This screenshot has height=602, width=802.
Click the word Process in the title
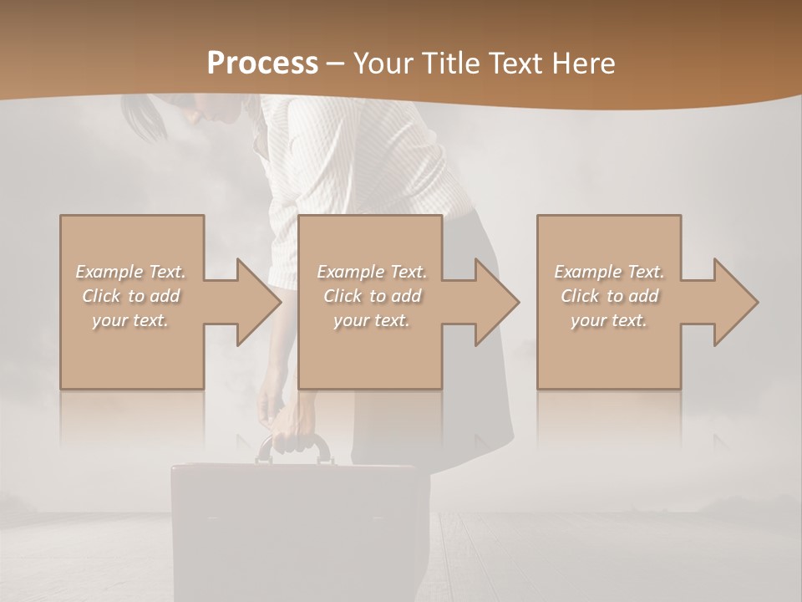point(262,64)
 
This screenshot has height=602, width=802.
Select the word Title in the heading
point(452,64)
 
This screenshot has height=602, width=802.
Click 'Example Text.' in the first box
point(131,272)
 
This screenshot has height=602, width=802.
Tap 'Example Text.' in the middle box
point(372,272)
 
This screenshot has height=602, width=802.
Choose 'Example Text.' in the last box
point(609,272)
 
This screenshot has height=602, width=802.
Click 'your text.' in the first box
point(131,320)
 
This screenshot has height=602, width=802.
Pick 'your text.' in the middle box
point(372,320)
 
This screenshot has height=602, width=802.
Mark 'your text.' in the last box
point(609,320)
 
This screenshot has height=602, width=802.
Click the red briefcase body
point(301,527)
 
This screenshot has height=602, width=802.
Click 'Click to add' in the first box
point(131,296)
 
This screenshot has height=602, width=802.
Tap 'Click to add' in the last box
point(609,296)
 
